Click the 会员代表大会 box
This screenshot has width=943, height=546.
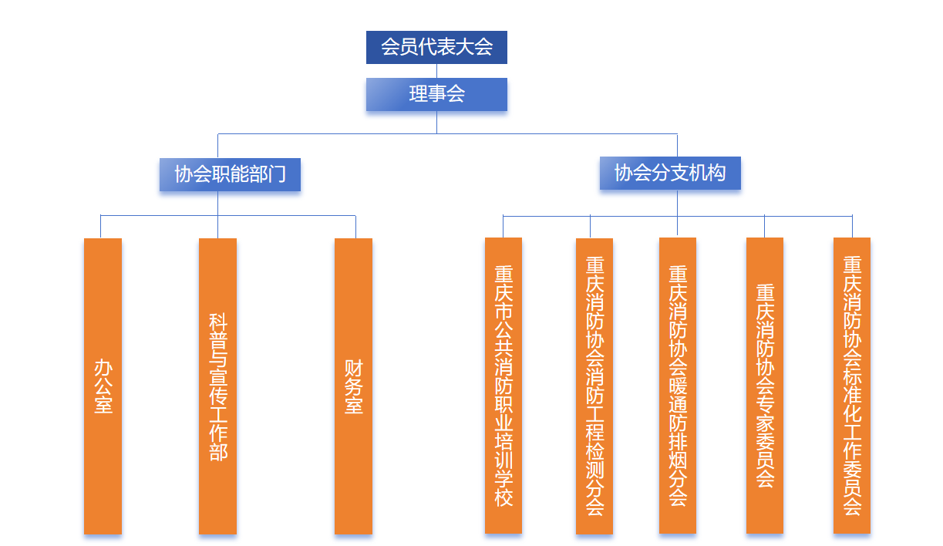[x=436, y=47]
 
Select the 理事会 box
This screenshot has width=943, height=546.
[x=436, y=94]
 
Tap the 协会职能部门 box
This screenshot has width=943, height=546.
[x=230, y=174]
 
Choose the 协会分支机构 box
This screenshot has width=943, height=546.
[x=670, y=173]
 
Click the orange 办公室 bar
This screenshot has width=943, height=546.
[x=103, y=386]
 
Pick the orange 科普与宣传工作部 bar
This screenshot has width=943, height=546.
[x=217, y=386]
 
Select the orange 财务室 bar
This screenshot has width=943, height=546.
[x=353, y=386]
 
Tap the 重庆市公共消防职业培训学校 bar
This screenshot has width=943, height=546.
[x=503, y=385]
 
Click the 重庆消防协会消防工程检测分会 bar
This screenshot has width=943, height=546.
[x=594, y=386]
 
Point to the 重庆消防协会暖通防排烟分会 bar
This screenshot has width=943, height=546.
[x=678, y=385]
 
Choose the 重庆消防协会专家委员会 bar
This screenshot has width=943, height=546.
[x=765, y=385]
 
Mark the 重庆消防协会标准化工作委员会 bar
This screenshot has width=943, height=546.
[x=852, y=385]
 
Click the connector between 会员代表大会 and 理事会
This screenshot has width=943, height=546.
[x=436, y=70]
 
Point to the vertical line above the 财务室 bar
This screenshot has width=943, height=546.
[x=355, y=227]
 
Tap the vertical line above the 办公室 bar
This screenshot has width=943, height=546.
[x=100, y=226]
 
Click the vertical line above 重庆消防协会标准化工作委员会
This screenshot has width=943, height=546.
[x=852, y=226]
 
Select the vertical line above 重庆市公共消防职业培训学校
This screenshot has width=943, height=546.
[x=503, y=226]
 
